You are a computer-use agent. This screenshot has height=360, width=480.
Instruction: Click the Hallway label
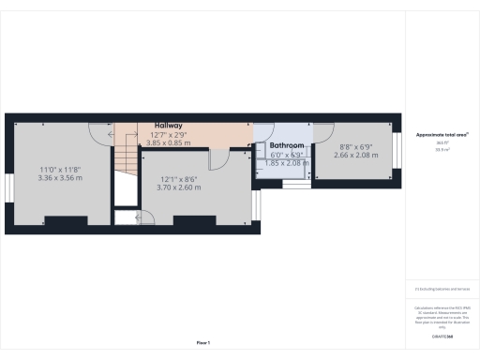pos(169,125)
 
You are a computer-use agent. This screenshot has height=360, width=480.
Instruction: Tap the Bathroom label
pos(286,146)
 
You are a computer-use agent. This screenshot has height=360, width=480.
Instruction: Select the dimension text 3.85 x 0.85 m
pos(169,142)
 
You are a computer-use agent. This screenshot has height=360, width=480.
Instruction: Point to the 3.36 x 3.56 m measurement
pos(60,177)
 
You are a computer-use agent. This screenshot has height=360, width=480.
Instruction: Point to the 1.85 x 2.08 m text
pos(286,163)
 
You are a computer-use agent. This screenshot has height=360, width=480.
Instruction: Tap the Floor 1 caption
pos(202,342)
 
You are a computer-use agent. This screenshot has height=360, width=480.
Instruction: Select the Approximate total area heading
pos(442,135)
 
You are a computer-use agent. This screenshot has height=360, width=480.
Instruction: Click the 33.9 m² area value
pos(442,149)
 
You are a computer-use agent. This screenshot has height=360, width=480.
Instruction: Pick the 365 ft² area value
pos(442,142)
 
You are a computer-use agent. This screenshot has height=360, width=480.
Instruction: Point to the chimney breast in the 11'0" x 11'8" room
pos(63,222)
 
